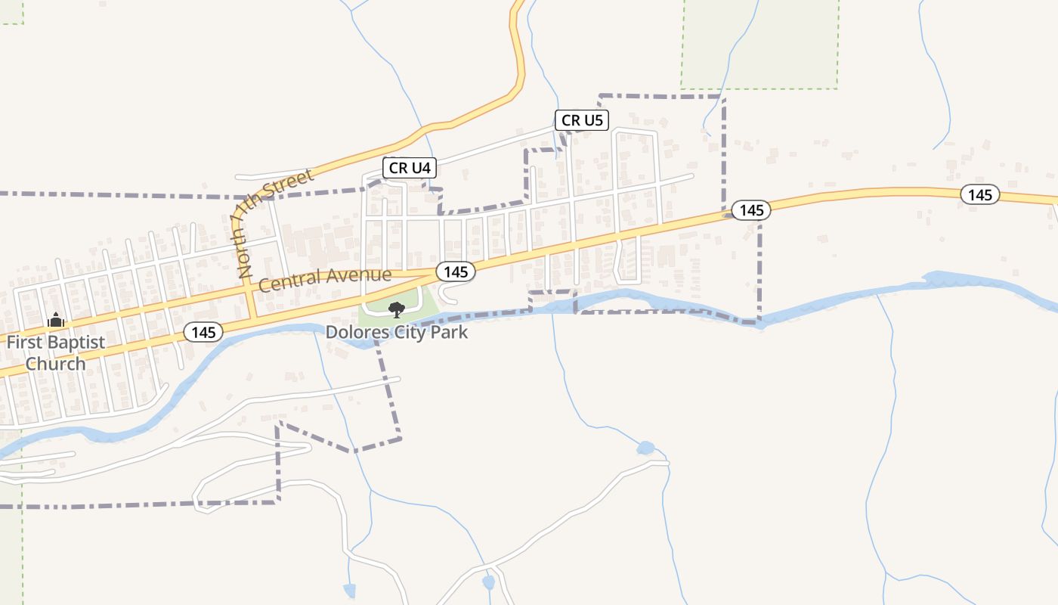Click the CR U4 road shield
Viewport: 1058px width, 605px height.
click(x=410, y=168)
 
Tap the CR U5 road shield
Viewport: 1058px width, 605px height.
click(x=582, y=119)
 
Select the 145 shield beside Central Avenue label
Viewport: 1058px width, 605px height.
click(x=455, y=271)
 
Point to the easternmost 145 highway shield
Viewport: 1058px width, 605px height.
click(x=979, y=195)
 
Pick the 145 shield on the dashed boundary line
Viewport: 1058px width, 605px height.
click(x=751, y=210)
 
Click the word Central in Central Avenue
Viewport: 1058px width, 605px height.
click(x=288, y=281)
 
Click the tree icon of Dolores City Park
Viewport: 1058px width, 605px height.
click(x=396, y=309)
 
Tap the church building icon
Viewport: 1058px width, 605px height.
click(x=56, y=321)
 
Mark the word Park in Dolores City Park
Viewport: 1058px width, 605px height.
click(x=450, y=332)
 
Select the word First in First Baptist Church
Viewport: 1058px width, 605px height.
click(x=25, y=342)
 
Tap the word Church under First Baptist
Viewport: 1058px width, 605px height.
click(x=56, y=364)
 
